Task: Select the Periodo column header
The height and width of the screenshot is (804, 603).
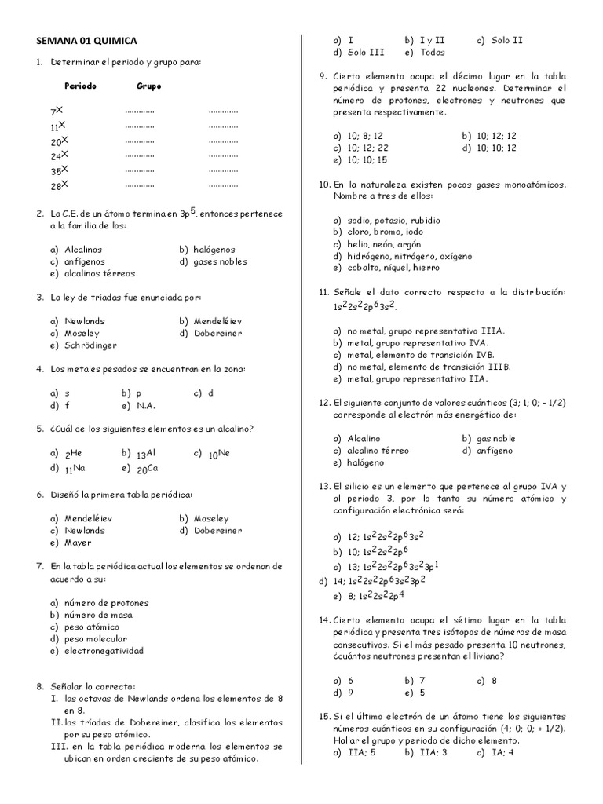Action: coord(80,86)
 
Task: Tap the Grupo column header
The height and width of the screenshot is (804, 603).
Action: coord(149,86)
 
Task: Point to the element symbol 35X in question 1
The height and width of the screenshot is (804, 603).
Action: coord(59,170)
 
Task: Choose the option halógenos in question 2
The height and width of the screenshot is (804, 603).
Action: coord(213,250)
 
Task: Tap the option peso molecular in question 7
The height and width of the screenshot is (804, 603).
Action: coord(93,639)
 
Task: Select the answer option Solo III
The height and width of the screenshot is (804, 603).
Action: coord(366,53)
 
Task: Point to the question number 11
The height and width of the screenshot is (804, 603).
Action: coord(324,292)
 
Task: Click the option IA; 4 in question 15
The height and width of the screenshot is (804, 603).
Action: coord(502,752)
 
